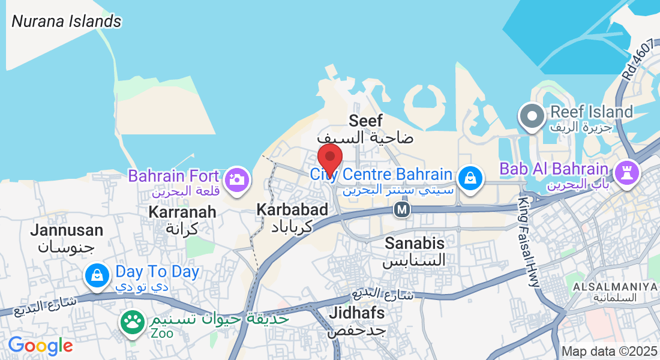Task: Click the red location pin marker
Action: [x=329, y=158]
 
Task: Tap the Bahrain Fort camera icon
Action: [x=237, y=179]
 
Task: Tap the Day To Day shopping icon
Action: [x=97, y=276]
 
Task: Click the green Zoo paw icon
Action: [x=132, y=323]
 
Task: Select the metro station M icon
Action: [x=401, y=210]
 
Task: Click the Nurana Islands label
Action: [x=67, y=22]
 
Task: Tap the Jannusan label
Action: [x=67, y=230]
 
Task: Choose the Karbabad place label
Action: [x=292, y=210]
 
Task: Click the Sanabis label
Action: [x=415, y=243]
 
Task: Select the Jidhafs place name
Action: [x=356, y=313]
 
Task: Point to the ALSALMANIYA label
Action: [x=615, y=287]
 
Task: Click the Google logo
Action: [x=40, y=346]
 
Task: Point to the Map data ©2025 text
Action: [x=610, y=351]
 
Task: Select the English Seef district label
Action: [x=365, y=121]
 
